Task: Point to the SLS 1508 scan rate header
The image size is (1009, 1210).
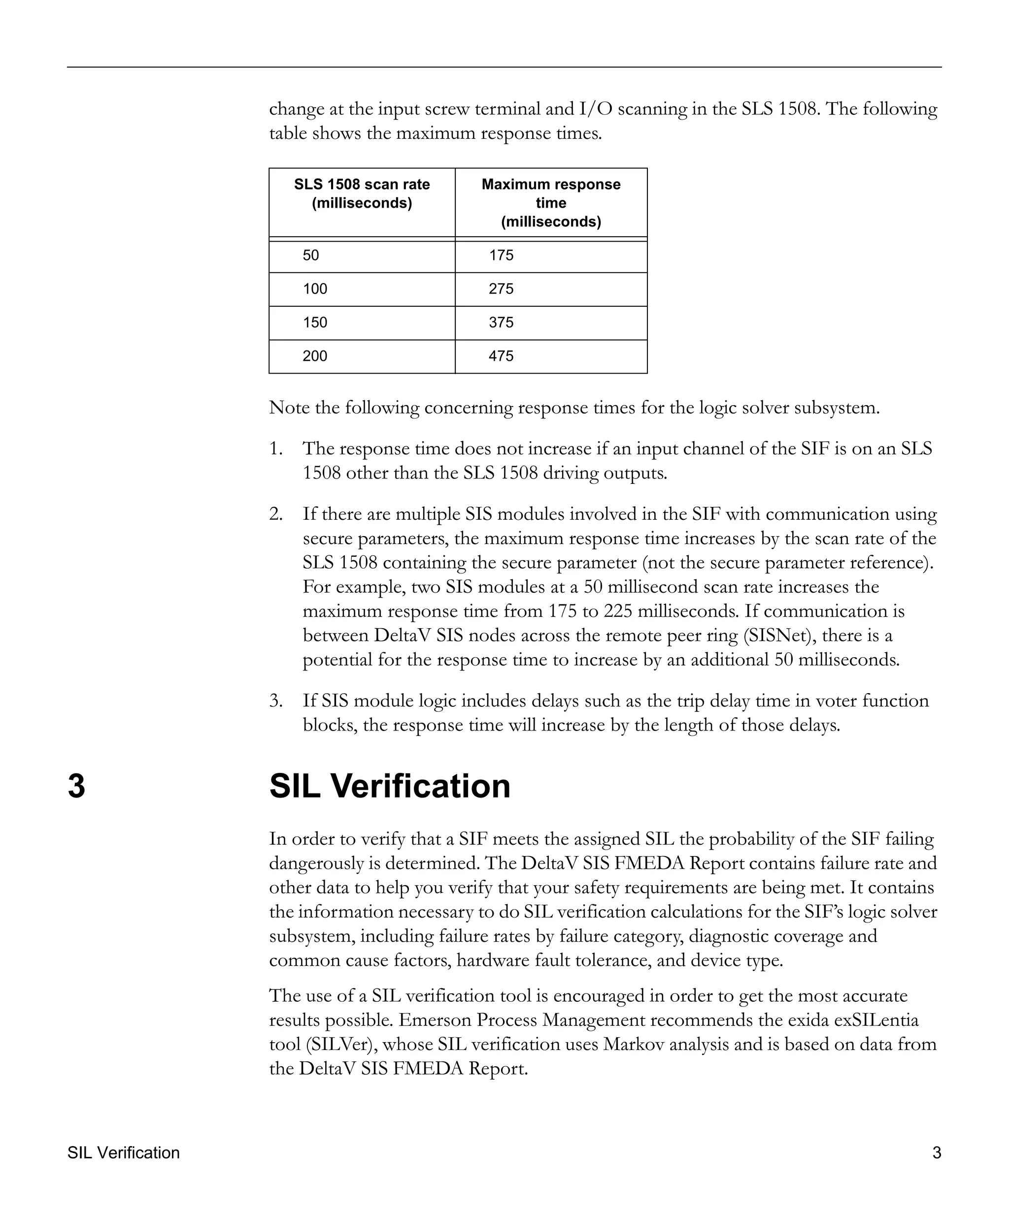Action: click(362, 193)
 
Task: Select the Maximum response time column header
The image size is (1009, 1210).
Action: click(551, 203)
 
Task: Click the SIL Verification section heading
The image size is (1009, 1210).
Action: click(390, 786)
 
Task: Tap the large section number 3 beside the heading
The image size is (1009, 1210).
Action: click(77, 786)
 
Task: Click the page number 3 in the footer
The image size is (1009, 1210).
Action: click(937, 1152)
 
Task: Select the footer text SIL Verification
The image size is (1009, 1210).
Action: click(123, 1152)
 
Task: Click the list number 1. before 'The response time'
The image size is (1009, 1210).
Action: click(275, 448)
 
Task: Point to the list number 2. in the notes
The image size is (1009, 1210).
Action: click(275, 514)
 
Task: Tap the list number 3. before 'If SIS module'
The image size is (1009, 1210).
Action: click(275, 701)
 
